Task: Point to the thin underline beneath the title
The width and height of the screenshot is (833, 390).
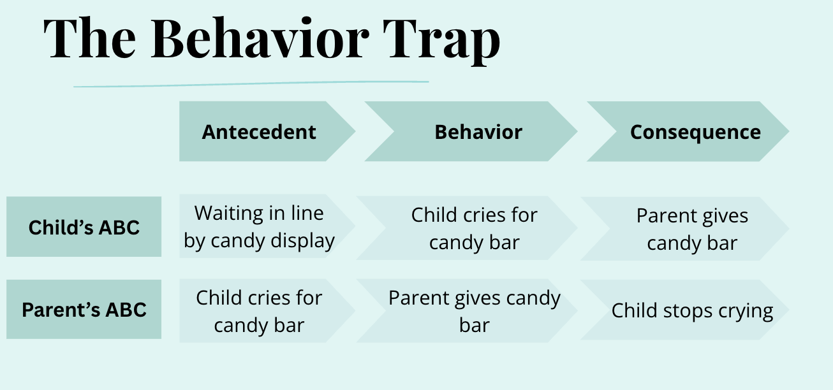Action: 251,83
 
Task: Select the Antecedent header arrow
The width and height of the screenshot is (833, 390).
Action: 259,132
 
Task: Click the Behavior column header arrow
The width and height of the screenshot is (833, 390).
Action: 478,132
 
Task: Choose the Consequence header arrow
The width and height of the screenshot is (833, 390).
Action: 695,132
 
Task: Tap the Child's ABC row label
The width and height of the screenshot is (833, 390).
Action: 84,227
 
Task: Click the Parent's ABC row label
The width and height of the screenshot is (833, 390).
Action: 84,310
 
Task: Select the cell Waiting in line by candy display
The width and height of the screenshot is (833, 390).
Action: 259,227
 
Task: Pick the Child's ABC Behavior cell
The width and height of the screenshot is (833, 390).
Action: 474,228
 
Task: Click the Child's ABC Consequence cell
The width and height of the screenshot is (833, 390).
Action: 692,229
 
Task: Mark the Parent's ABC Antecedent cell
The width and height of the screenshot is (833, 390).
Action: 259,311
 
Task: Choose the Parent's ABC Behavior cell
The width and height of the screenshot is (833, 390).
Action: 474,311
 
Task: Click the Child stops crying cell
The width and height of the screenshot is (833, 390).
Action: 692,311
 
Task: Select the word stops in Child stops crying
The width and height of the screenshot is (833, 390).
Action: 682,312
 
